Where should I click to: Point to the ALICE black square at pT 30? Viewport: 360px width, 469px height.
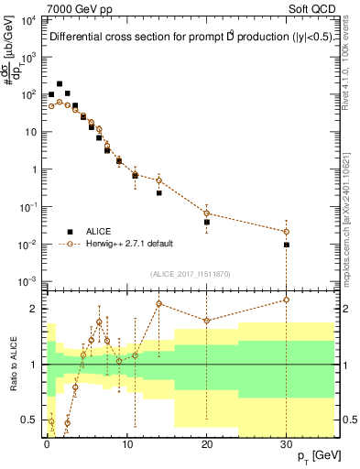tap(287, 245)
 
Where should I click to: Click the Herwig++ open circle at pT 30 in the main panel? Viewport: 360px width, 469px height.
tap(287, 231)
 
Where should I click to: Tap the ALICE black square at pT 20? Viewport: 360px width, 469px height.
tap(207, 222)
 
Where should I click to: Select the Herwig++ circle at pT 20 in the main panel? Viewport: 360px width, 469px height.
tap(207, 213)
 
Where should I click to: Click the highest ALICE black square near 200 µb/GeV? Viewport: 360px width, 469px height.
tap(60, 83)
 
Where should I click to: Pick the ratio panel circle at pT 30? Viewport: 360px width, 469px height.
tap(287, 300)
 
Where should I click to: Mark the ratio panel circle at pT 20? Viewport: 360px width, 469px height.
tap(207, 321)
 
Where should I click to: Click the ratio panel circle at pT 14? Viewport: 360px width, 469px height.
tap(158, 303)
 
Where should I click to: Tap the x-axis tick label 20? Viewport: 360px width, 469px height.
tap(207, 442)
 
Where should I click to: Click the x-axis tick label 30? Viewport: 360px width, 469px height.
tap(287, 442)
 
